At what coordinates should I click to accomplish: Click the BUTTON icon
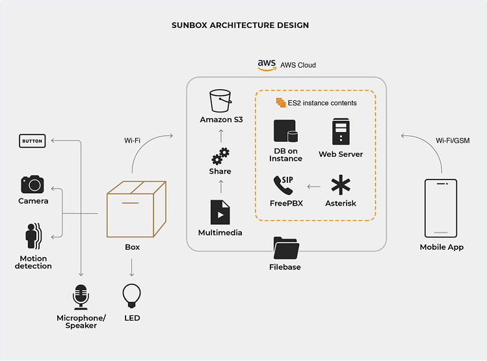(33, 140)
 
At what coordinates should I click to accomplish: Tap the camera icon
(33, 184)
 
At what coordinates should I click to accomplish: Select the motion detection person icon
(33, 236)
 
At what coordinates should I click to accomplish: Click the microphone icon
(81, 297)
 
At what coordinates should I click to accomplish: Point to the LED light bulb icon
(132, 295)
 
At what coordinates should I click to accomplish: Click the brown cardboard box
(137, 209)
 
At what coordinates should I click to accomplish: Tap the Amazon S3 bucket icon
(220, 101)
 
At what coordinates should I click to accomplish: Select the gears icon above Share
(220, 156)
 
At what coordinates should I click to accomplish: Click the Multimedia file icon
(220, 212)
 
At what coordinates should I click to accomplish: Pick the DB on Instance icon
(285, 131)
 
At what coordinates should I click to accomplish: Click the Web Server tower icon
(341, 131)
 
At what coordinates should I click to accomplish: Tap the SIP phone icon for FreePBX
(283, 185)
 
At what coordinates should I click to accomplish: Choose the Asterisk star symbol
(341, 185)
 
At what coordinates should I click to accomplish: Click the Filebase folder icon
(285, 248)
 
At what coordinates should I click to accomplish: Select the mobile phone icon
(441, 208)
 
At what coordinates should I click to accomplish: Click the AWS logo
(267, 65)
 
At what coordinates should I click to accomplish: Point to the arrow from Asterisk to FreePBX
(313, 187)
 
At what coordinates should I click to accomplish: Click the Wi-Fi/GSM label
(453, 140)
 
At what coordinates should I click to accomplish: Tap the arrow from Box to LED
(132, 268)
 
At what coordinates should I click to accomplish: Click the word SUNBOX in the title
(189, 25)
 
